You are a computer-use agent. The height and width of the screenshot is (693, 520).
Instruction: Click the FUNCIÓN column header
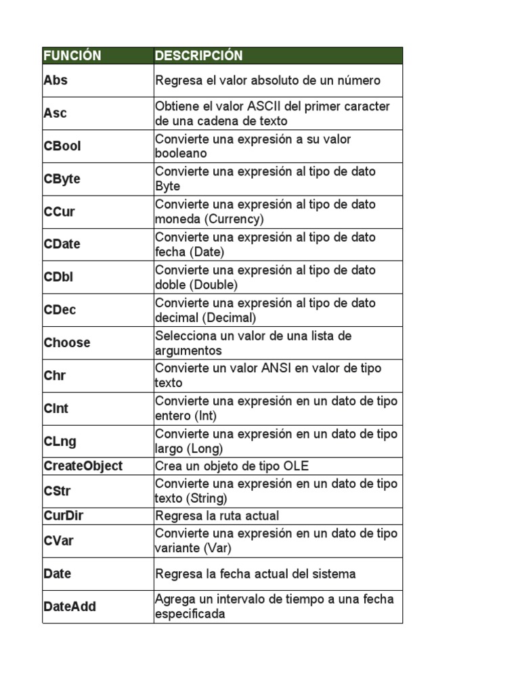(x=72, y=55)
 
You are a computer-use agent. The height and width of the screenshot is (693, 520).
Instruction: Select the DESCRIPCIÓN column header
(x=199, y=55)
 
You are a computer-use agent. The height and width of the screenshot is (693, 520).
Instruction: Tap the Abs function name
(x=56, y=80)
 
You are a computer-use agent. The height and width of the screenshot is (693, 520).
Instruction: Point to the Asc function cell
(x=56, y=113)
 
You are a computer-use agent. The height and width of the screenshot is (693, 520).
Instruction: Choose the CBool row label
(x=62, y=146)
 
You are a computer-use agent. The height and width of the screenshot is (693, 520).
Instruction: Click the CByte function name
(x=62, y=179)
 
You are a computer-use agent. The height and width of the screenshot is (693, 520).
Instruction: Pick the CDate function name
(x=62, y=244)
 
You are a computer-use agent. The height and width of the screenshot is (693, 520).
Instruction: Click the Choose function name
(x=67, y=342)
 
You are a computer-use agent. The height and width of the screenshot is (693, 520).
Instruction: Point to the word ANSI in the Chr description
(x=279, y=368)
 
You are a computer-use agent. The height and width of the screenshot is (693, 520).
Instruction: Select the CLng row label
(x=60, y=441)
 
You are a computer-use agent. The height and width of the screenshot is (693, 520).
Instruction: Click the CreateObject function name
(x=83, y=466)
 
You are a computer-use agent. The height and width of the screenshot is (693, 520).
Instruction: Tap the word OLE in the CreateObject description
(x=296, y=466)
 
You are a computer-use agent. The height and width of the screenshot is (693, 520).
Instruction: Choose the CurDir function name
(x=64, y=516)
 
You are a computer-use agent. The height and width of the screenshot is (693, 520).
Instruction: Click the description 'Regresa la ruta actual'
(x=217, y=516)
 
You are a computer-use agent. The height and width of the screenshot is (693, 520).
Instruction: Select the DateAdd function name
(x=70, y=606)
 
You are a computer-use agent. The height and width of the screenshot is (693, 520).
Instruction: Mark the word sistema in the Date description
(x=330, y=574)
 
